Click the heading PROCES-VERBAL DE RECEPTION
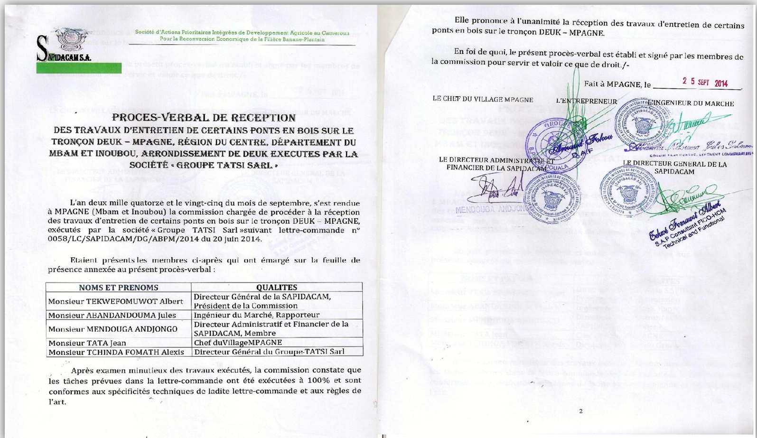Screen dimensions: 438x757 pyautogui.click(x=204, y=118)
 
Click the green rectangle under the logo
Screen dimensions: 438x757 pyautogui.click(x=79, y=67)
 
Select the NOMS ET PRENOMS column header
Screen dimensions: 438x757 pyautogui.click(x=118, y=288)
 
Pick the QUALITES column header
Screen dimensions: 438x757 pyautogui.click(x=276, y=288)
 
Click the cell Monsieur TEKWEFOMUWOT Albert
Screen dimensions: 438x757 pyautogui.click(x=115, y=301)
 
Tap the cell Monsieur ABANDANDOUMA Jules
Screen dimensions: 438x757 pyautogui.click(x=112, y=315)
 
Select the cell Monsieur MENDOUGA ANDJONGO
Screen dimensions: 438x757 pyautogui.click(x=113, y=329)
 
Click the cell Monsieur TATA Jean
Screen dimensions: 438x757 pyautogui.click(x=87, y=343)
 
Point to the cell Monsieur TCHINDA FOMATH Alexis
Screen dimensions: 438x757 pyautogui.click(x=116, y=352)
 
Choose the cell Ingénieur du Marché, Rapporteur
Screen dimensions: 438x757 pyautogui.click(x=257, y=315)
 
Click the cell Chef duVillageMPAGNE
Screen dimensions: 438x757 pyautogui.click(x=238, y=343)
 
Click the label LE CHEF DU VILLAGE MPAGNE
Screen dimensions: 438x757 pyautogui.click(x=483, y=100)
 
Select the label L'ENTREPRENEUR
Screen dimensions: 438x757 pyautogui.click(x=587, y=102)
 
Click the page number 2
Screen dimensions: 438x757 pyautogui.click(x=581, y=411)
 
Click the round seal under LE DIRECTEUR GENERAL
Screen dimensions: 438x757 pyautogui.click(x=628, y=191)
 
